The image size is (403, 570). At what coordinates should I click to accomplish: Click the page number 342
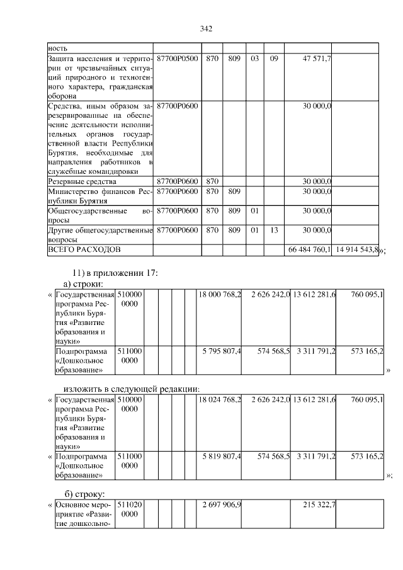(x=205, y=28)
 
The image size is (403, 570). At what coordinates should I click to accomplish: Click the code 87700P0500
(x=177, y=59)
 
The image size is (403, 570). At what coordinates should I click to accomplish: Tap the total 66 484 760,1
(x=309, y=250)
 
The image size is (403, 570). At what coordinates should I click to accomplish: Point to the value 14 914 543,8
(x=356, y=250)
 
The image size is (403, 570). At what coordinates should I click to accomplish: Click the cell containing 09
(x=273, y=59)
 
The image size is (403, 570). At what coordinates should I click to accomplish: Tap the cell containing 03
(x=254, y=59)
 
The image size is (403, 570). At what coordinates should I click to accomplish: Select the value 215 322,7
(x=317, y=505)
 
